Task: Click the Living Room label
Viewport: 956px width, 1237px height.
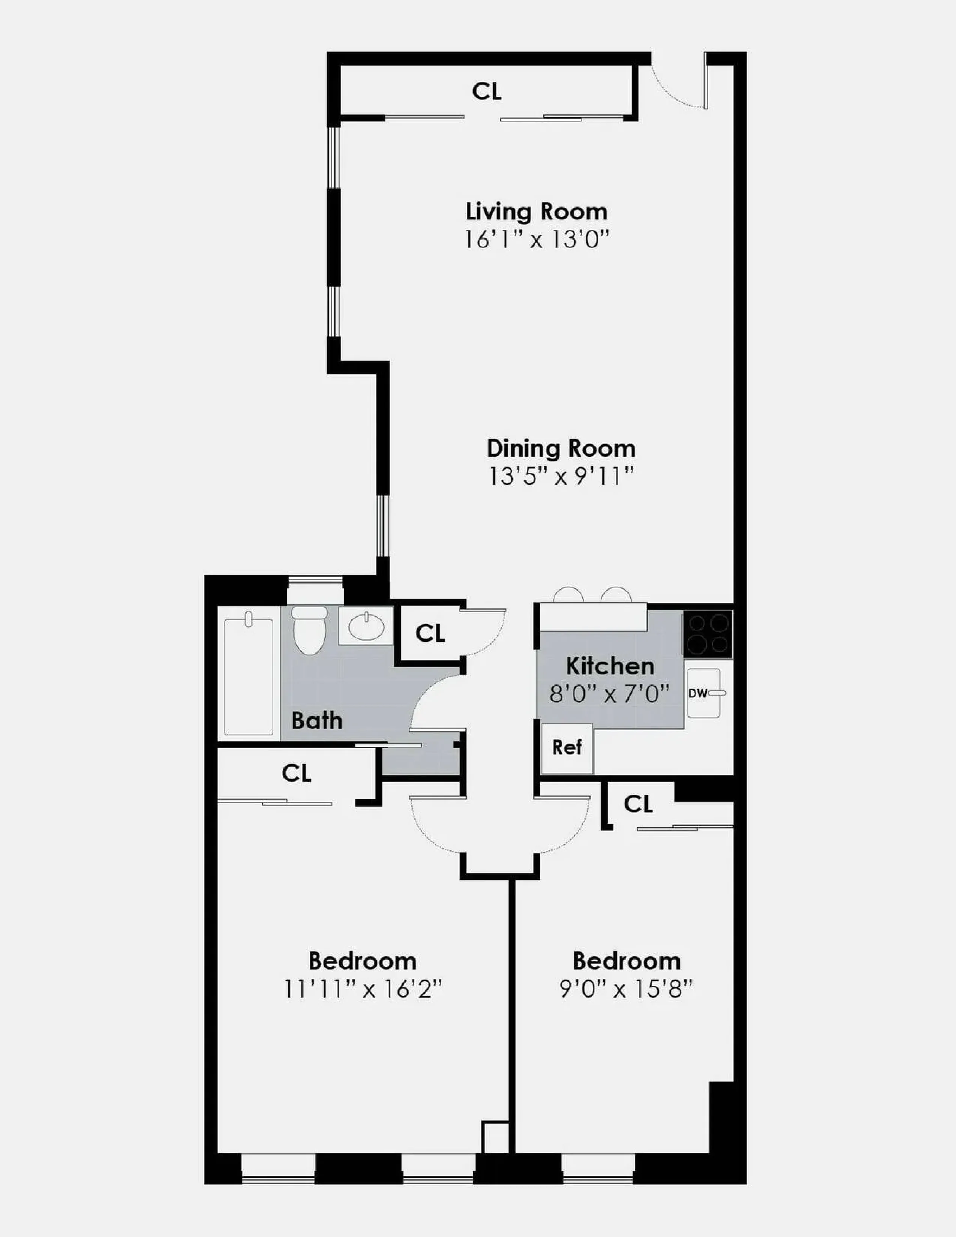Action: (536, 212)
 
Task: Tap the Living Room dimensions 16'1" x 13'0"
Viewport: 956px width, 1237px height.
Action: (536, 240)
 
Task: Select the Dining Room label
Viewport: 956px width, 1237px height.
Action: (561, 449)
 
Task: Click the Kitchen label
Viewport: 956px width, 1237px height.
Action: (610, 666)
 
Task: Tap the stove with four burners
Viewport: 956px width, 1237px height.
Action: (708, 634)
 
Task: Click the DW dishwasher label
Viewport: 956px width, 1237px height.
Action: (698, 693)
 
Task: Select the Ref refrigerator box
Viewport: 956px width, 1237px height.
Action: (567, 748)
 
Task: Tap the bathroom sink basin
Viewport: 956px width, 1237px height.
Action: (366, 626)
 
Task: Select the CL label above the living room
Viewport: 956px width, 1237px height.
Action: (487, 91)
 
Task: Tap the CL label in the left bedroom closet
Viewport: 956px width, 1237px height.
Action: (296, 773)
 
